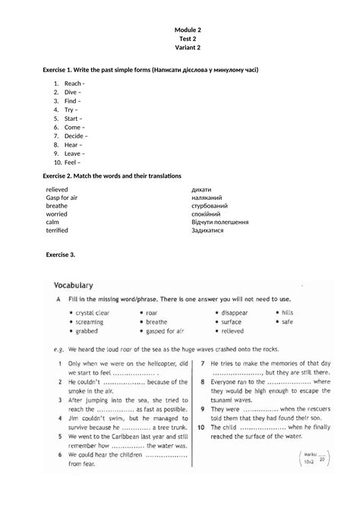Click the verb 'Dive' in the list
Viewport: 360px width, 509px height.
coord(72,92)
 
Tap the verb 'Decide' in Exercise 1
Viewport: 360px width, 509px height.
coord(75,136)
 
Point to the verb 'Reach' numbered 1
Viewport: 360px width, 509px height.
coord(73,83)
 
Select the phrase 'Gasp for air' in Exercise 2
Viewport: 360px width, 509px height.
coord(62,197)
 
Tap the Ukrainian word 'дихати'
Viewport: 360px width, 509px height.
coord(201,188)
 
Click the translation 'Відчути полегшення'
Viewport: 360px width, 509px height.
coord(220,222)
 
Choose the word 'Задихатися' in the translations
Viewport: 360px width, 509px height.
coord(207,229)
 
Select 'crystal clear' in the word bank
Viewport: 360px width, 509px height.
coord(93,312)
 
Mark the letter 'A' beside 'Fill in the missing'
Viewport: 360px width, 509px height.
coord(58,300)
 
